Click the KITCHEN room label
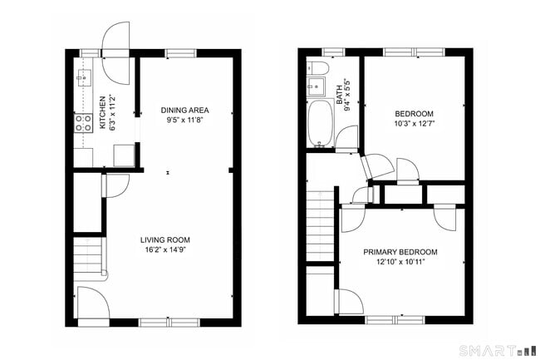pos(101,113)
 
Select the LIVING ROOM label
pos(164,239)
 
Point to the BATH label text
pos(339,91)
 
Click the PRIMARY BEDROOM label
pos(400,251)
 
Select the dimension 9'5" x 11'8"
pos(184,121)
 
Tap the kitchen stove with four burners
pos(84,123)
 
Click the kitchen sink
pos(83,78)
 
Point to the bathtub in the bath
pos(320,123)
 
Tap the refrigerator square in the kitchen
pos(123,155)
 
